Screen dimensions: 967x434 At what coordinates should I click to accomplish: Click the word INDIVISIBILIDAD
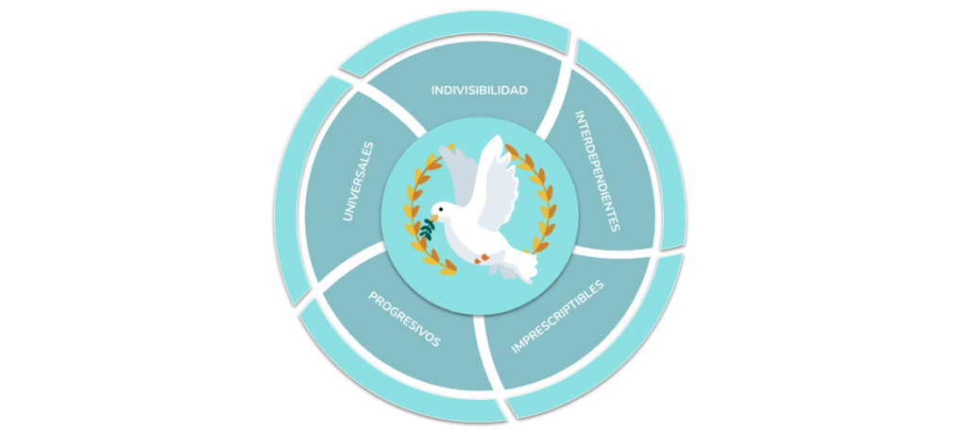(x=479, y=90)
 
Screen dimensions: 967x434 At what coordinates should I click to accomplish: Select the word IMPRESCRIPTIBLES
(x=558, y=318)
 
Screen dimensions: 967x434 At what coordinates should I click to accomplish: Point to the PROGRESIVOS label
(x=404, y=319)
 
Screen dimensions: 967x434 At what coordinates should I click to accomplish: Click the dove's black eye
(x=440, y=209)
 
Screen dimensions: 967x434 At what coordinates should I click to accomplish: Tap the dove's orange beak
(x=434, y=217)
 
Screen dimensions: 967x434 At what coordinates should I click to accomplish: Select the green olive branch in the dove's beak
(x=428, y=229)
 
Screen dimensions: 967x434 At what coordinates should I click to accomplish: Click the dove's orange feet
(x=483, y=259)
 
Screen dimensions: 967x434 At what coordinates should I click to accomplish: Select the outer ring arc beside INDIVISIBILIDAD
(x=454, y=33)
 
